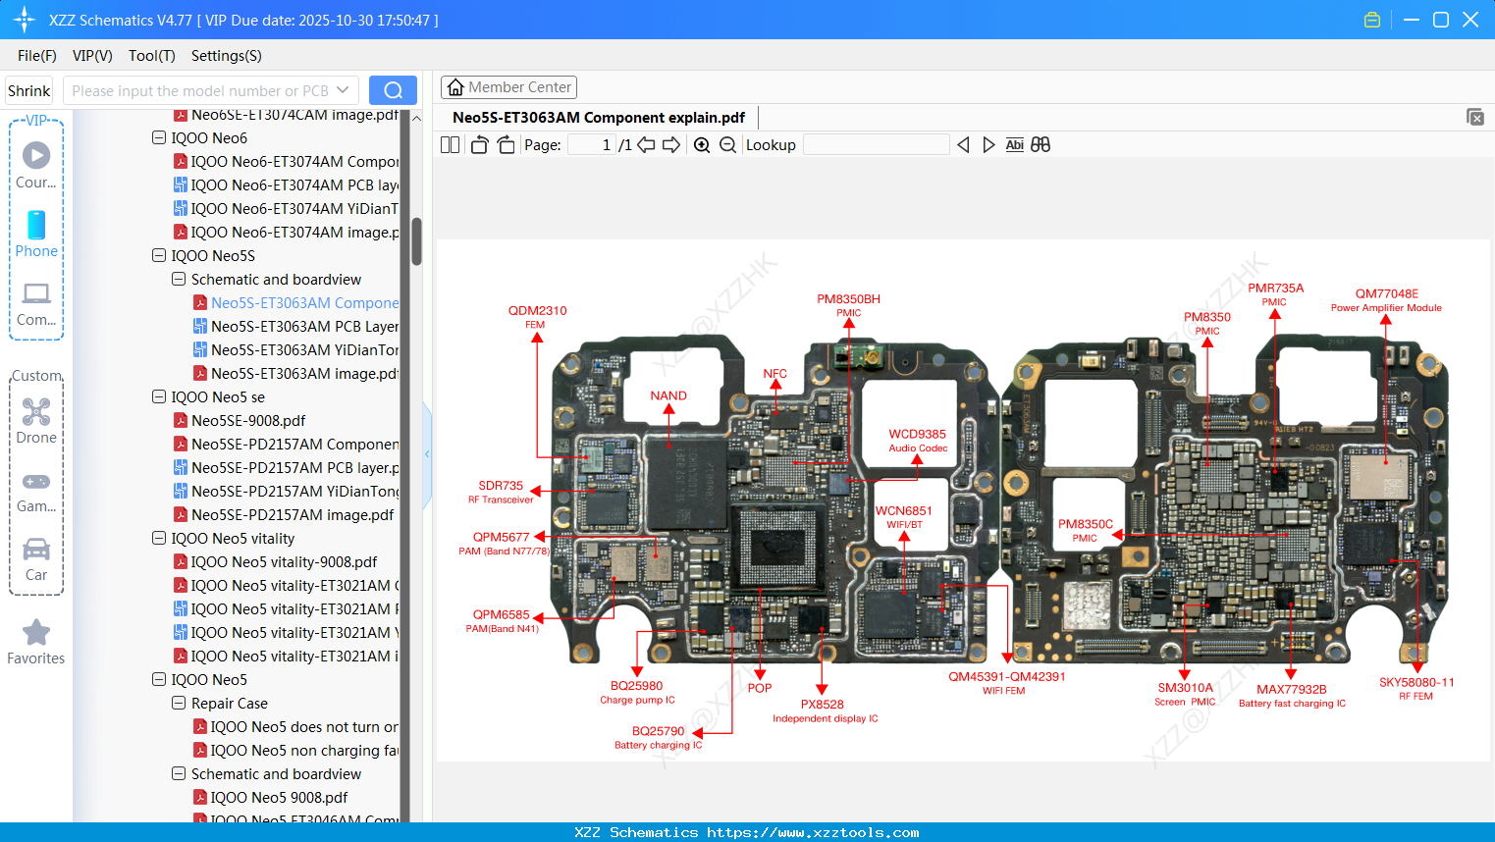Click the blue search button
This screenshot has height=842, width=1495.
(393, 90)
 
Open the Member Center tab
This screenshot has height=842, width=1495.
(508, 87)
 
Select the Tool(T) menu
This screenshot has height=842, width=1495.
(151, 56)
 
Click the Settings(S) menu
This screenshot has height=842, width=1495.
(226, 56)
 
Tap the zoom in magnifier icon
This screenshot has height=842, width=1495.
(702, 145)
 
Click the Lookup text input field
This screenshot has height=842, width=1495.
(876, 145)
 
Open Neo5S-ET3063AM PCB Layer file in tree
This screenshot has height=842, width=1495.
(304, 327)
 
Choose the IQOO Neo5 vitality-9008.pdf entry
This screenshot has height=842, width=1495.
(284, 562)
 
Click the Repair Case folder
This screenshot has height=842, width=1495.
(229, 704)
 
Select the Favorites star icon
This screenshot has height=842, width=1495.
(36, 634)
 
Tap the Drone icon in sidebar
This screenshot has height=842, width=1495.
(36, 412)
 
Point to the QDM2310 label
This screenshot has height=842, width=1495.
(537, 311)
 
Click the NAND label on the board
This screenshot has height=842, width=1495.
(668, 396)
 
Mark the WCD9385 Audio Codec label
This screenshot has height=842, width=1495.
(917, 435)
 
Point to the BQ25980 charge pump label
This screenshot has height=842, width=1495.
(637, 687)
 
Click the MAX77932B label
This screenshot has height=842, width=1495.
(1291, 690)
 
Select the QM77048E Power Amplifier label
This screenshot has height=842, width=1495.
(1386, 294)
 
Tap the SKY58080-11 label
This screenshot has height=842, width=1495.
(1415, 683)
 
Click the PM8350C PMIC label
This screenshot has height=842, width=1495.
(1085, 525)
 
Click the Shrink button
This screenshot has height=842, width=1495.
(28, 91)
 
